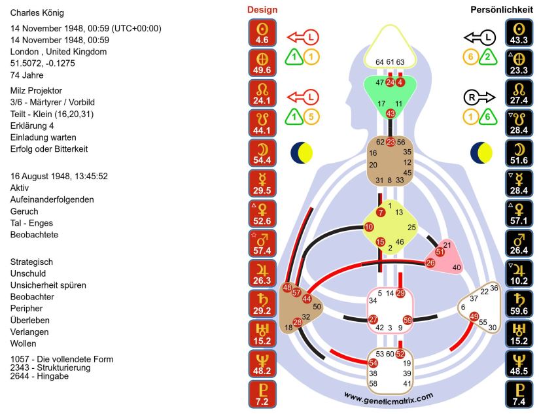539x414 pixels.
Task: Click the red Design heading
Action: coord(262,10)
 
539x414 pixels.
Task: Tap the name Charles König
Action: coord(37,13)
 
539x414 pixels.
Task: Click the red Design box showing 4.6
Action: coord(262,33)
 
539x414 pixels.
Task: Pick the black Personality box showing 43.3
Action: coord(519,33)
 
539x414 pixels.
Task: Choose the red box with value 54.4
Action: coord(262,152)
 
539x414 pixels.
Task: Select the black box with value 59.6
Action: coord(519,302)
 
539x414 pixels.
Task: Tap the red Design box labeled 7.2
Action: coord(262,394)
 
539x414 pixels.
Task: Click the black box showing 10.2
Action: coord(519,273)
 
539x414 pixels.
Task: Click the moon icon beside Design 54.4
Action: coord(302,152)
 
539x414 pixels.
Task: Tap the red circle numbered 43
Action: coord(391,113)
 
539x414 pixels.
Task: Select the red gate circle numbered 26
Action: coord(430,263)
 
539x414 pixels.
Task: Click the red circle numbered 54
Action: coord(374,362)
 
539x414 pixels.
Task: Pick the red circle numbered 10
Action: coord(369,226)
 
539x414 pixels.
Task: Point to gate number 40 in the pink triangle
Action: coord(457,267)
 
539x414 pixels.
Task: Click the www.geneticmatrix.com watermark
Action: coord(389,397)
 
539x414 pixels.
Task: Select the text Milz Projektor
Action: coord(37,91)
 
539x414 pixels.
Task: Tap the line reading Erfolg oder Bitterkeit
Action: coord(49,148)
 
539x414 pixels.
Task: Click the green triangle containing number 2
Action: coord(487,56)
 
